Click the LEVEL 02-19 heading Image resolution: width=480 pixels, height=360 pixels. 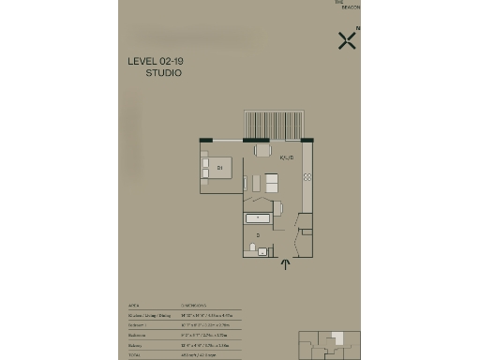click(155, 62)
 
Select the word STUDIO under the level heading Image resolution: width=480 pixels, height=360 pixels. click(163, 72)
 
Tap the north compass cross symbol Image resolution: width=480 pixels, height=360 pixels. click(346, 39)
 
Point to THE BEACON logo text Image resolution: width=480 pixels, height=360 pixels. click(347, 5)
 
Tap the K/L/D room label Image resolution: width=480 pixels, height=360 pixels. click(287, 157)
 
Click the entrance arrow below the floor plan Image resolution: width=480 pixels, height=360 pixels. click(285, 266)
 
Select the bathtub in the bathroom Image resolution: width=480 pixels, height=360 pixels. click(258, 219)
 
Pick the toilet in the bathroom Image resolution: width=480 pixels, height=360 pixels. click(254, 247)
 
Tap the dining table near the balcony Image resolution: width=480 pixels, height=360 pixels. click(262, 149)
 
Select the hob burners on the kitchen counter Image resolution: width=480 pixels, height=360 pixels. click(306, 175)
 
